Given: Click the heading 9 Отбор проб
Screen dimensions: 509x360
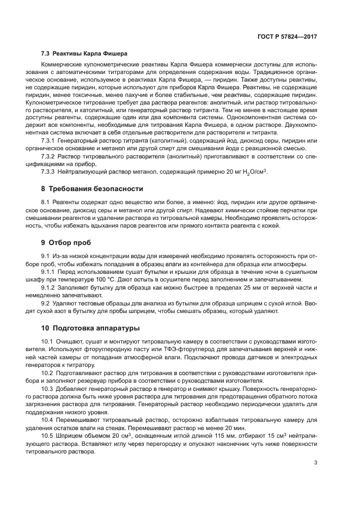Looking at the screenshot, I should pyautogui.click(x=66, y=242).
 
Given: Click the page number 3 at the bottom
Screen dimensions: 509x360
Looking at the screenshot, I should pyautogui.click(x=315, y=448).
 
